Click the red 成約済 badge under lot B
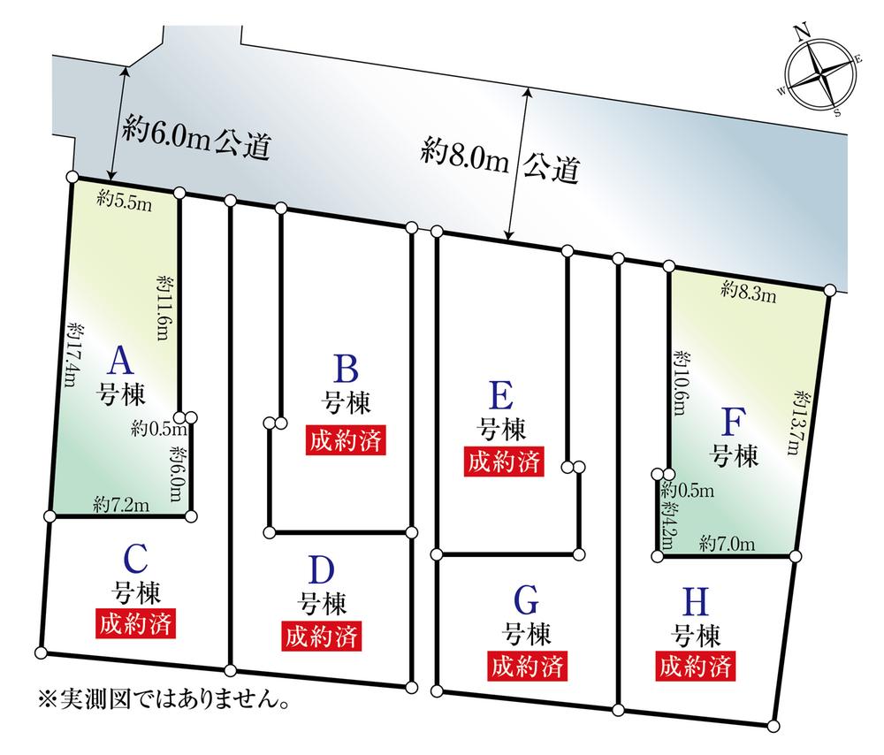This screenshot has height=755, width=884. [x=347, y=440]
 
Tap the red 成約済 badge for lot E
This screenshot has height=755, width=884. [x=503, y=461]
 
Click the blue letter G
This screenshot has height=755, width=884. [x=526, y=601]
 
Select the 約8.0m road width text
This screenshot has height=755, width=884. [x=465, y=159]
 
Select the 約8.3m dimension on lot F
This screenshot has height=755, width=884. [x=748, y=290]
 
